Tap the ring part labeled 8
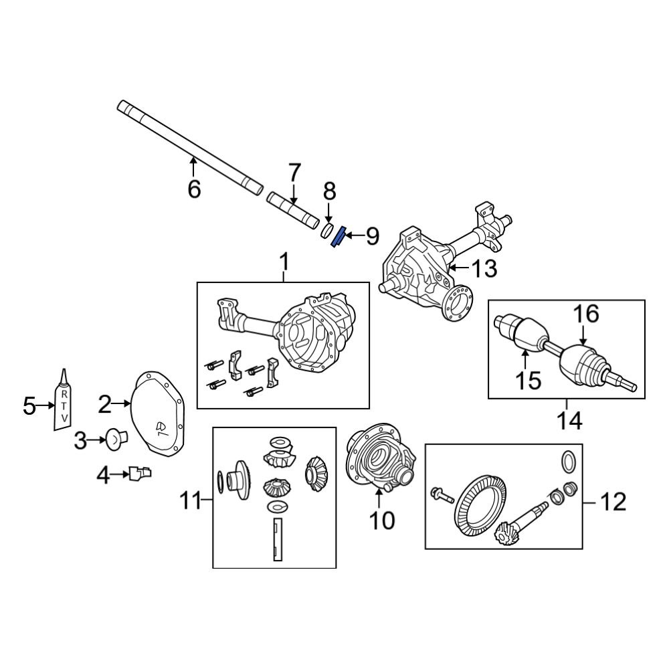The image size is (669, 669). click(327, 230)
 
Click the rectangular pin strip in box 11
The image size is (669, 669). click(276, 541)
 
